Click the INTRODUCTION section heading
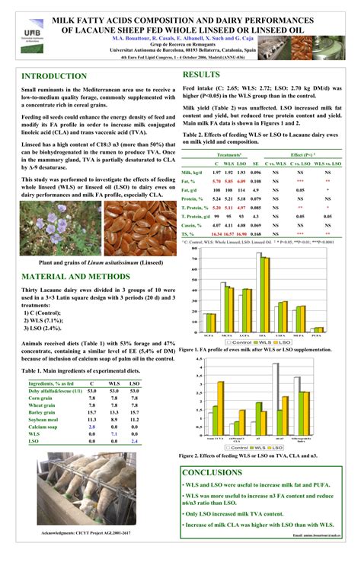(54, 76)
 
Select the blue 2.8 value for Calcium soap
(91, 427)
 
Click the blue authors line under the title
(180, 37)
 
